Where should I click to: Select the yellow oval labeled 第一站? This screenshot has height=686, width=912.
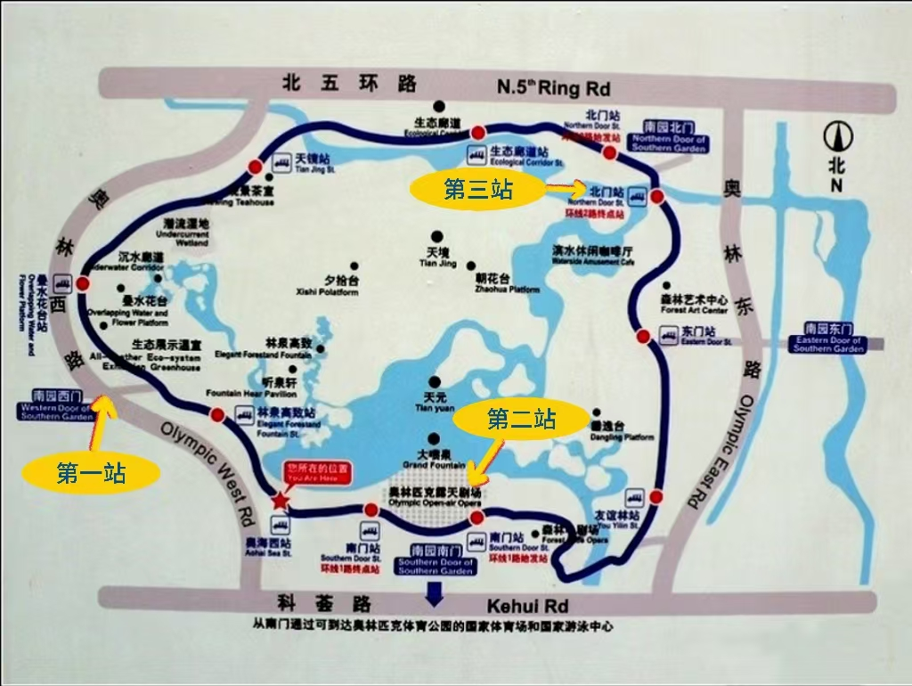point(91,473)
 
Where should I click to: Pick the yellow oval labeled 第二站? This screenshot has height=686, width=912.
point(522,418)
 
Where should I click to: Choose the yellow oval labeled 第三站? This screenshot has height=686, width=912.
point(477,189)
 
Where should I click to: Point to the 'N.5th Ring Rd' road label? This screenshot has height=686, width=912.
point(552,87)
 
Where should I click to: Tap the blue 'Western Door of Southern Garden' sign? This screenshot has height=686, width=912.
point(57,405)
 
